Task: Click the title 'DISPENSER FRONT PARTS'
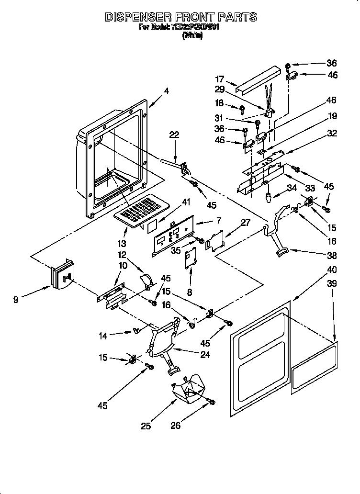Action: click(180, 17)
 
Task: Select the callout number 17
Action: click(219, 79)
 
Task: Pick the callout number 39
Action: click(331, 283)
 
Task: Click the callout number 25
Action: click(146, 425)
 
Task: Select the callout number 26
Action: click(176, 425)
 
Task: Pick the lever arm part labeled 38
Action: click(277, 230)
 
